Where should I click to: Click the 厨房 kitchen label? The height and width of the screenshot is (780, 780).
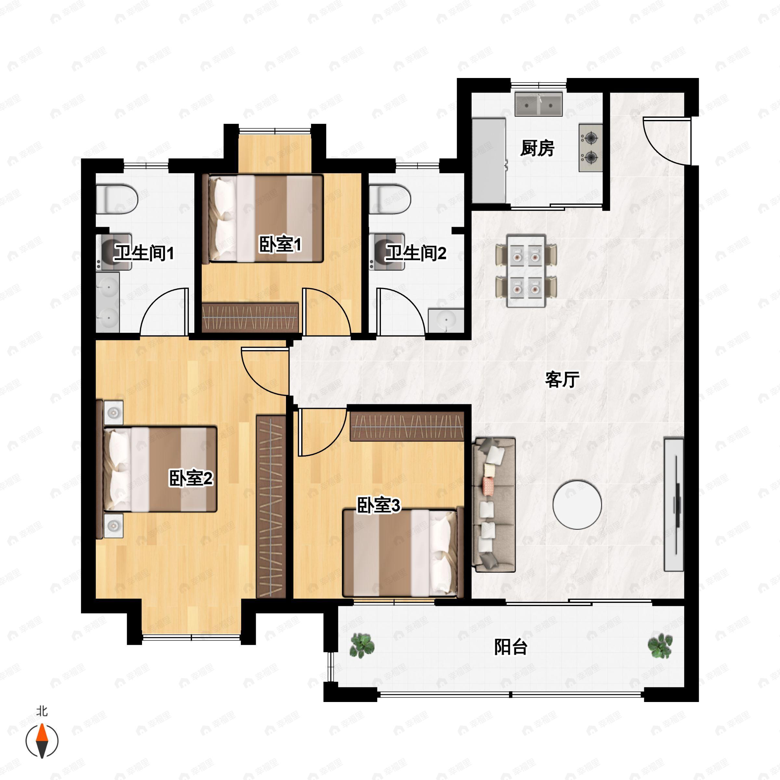(537, 148)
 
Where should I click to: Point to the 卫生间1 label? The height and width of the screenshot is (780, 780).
(144, 253)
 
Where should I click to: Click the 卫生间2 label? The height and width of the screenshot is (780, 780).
(416, 253)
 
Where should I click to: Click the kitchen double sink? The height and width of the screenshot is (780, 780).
(539, 105)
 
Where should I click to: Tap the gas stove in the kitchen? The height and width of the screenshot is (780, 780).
(591, 148)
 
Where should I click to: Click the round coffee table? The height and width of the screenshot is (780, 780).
(577, 505)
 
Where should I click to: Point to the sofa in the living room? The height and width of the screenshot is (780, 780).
(494, 505)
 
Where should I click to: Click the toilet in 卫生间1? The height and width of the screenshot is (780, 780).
(117, 199)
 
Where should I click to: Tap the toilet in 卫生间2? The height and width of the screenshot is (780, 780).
(390, 199)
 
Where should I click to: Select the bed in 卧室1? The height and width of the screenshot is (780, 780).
(266, 218)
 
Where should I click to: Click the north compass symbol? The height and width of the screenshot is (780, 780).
(42, 741)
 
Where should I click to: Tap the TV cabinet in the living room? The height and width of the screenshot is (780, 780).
(674, 505)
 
